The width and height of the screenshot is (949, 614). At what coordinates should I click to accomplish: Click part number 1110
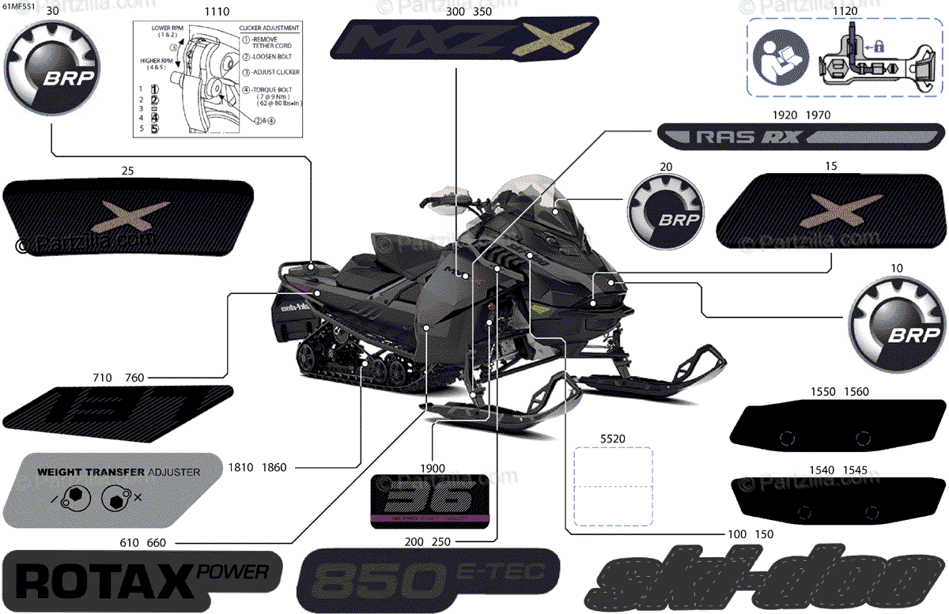(x=217, y=12)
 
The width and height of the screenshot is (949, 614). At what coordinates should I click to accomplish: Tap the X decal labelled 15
(x=828, y=208)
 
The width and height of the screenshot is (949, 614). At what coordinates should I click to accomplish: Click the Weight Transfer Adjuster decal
(x=111, y=490)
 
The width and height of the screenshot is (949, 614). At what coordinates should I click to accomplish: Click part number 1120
(x=845, y=12)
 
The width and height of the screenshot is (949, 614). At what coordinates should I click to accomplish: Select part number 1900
(x=433, y=467)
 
